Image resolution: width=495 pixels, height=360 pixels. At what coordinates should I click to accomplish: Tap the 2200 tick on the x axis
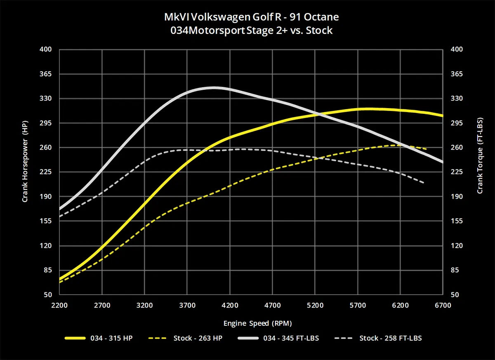(60, 306)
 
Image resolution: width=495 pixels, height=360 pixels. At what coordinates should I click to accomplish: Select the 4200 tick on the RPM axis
(230, 306)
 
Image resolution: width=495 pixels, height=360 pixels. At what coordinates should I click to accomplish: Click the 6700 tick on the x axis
(443, 306)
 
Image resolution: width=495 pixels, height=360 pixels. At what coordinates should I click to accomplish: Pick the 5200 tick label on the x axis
(315, 306)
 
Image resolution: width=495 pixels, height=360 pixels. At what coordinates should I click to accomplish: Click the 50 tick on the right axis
(454, 295)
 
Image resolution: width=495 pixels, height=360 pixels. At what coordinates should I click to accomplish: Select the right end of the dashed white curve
(424, 183)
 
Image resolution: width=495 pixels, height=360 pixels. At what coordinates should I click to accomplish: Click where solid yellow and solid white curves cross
(318, 113)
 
